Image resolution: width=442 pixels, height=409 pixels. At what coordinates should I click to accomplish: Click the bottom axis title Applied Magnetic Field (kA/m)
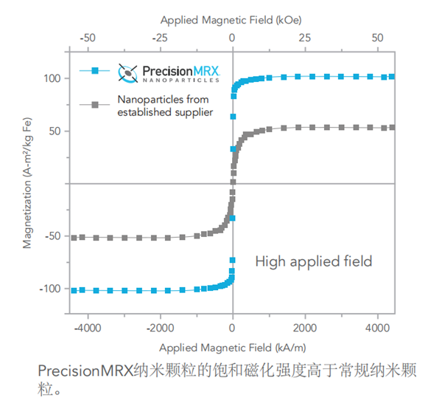232,346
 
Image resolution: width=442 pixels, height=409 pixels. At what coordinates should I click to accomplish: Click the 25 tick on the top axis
305,36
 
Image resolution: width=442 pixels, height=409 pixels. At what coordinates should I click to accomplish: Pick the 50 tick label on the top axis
377,36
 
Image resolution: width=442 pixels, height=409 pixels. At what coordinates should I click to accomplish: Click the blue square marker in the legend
95,70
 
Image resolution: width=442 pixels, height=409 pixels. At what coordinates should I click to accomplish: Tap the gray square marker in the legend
95,105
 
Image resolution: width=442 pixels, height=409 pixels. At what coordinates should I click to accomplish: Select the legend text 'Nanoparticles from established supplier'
165,105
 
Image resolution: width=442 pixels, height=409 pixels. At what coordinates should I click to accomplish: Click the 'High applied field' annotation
313,261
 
